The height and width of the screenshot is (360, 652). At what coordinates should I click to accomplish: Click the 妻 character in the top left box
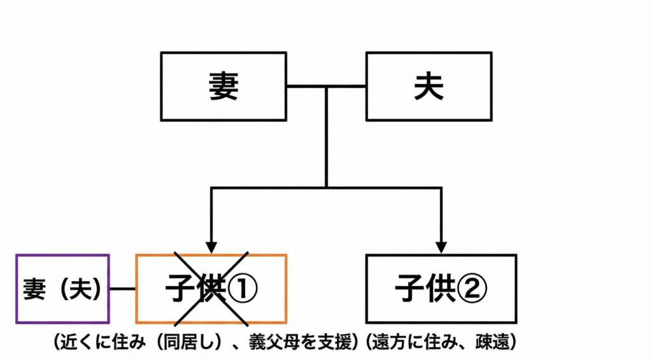223,87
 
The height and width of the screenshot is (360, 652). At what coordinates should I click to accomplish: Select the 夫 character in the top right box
429,87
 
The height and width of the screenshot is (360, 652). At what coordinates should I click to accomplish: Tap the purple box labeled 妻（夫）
62,289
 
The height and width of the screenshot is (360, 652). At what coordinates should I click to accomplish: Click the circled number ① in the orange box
243,290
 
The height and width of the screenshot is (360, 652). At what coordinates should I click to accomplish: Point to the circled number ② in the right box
472,290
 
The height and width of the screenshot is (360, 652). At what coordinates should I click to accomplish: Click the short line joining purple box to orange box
122,289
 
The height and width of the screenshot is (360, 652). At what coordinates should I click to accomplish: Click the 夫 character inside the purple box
83,289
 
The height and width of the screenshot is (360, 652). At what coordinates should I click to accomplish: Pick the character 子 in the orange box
179,290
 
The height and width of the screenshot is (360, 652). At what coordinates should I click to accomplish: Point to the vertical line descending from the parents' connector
326,137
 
